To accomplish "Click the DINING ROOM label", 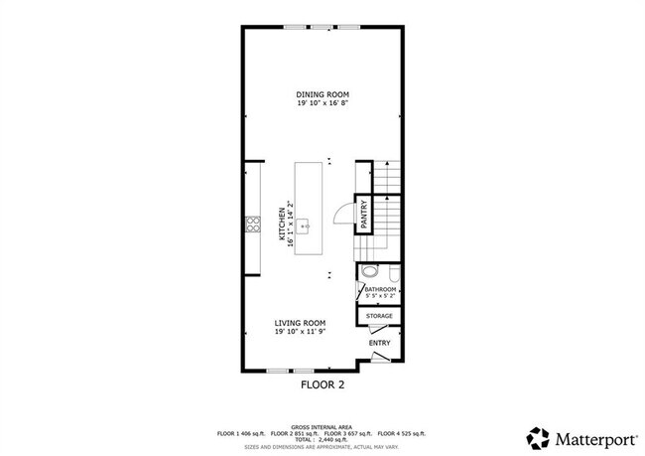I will click(322, 93).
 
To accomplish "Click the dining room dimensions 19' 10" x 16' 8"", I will click(322, 102).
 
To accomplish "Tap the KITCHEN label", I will click(283, 225).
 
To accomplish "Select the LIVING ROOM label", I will click(302, 322).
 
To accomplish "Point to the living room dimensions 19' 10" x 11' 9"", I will click(302, 331).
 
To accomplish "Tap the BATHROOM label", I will click(380, 289).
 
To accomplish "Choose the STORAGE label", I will click(379, 316).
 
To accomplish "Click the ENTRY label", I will click(379, 343).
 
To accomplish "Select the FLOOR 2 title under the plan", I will click(322, 382).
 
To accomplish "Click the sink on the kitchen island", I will click(307, 226).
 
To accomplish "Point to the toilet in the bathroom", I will click(370, 271).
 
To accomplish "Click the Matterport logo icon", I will click(538, 437).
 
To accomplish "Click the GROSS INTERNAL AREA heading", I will click(322, 425).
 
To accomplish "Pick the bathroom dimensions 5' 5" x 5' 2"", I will click(380, 296).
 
